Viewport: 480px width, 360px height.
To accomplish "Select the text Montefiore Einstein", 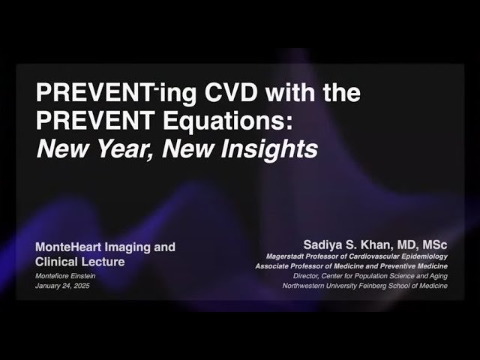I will click(66, 277).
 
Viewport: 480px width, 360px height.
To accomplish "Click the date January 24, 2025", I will click(62, 286).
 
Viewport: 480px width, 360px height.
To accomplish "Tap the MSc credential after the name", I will click(433, 245).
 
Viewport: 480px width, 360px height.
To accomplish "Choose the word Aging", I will click(437, 276).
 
